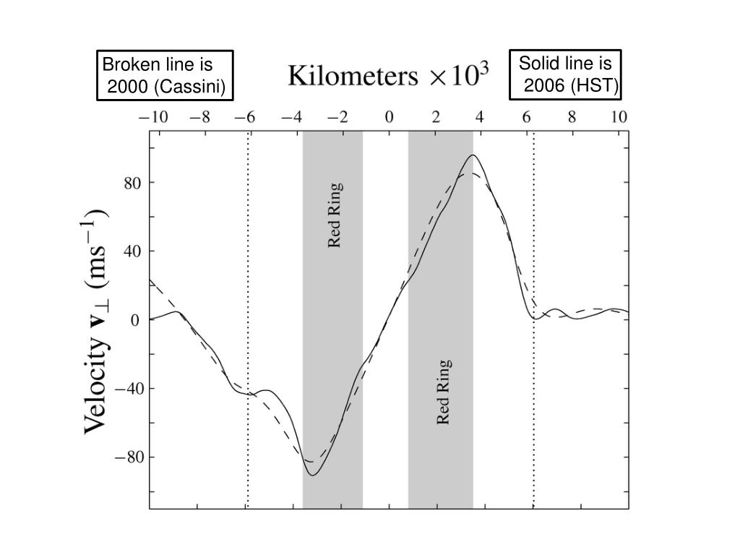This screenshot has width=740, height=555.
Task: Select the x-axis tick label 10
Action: pos(619,118)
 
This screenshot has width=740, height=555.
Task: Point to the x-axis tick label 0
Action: pos(390,118)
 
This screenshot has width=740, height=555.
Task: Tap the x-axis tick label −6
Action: pos(246,118)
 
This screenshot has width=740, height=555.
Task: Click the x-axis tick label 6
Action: pos(527,118)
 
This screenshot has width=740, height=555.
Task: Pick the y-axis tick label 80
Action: pos(134,183)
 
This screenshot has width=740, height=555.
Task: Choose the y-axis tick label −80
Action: pos(129,457)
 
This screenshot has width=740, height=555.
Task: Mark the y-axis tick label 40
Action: pos(134,251)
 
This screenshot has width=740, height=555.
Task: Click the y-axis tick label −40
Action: pos(129,389)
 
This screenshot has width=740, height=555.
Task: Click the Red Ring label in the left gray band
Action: pos(335,215)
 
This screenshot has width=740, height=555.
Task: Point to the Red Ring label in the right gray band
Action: pos(444,392)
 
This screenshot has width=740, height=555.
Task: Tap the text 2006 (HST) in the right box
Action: pos(571,87)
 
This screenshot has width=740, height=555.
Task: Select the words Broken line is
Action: pos(158,64)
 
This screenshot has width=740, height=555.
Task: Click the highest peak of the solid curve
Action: pos(473,155)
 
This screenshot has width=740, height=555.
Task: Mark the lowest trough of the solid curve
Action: pos(312,475)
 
